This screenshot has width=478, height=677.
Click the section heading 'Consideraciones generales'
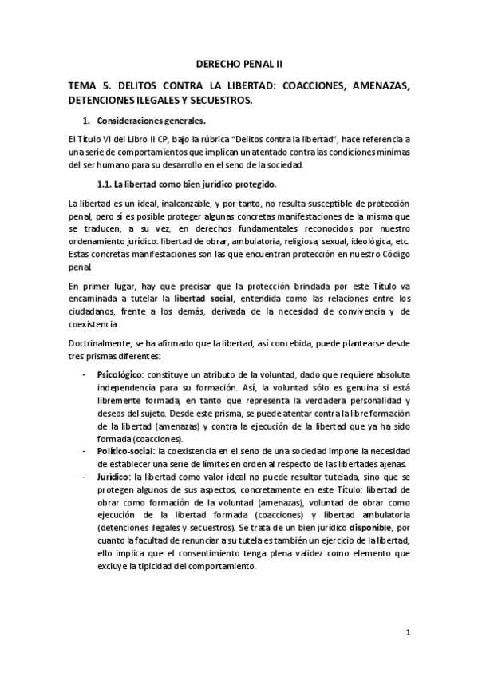(x=151, y=121)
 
